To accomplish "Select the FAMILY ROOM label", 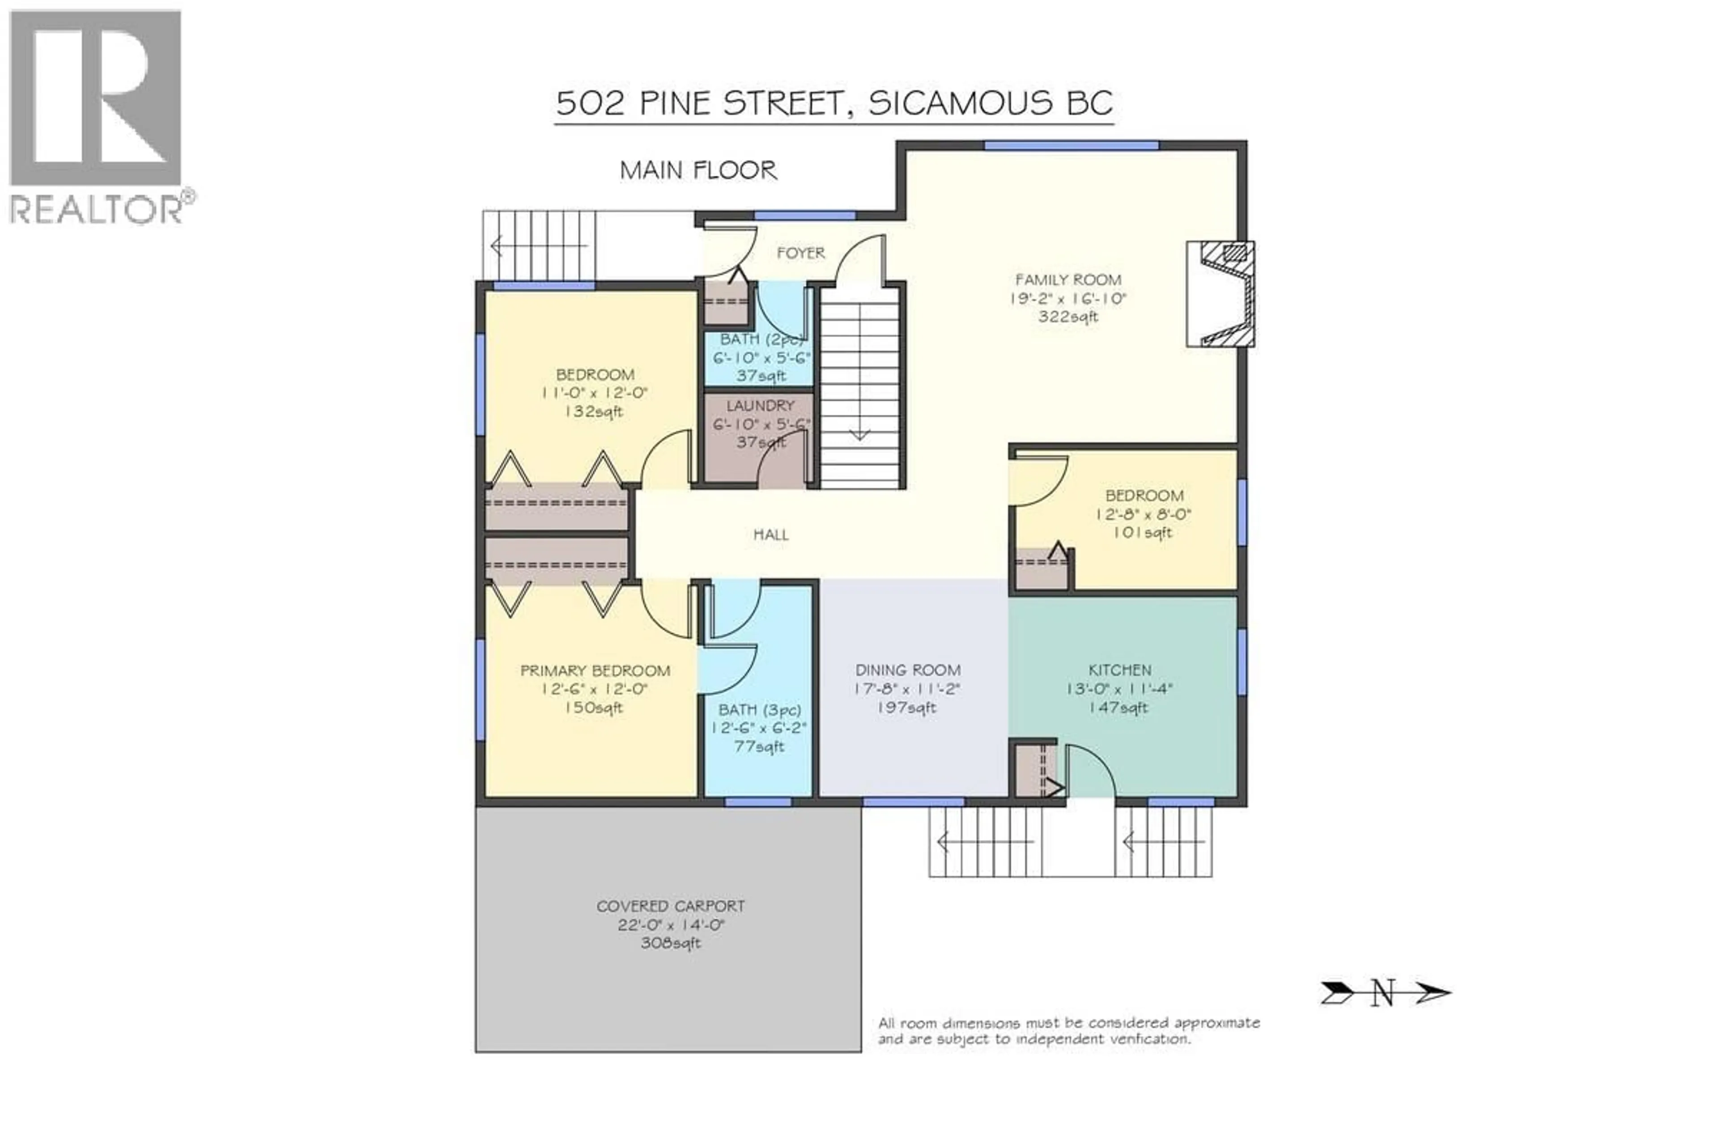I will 1068,280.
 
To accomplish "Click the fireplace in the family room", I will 1220,293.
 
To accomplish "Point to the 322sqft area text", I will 1068,318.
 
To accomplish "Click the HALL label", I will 770,534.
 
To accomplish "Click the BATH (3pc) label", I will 760,710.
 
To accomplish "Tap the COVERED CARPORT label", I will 671,906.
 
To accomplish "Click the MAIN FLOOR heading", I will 698,171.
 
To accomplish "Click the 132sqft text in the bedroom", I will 594,412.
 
